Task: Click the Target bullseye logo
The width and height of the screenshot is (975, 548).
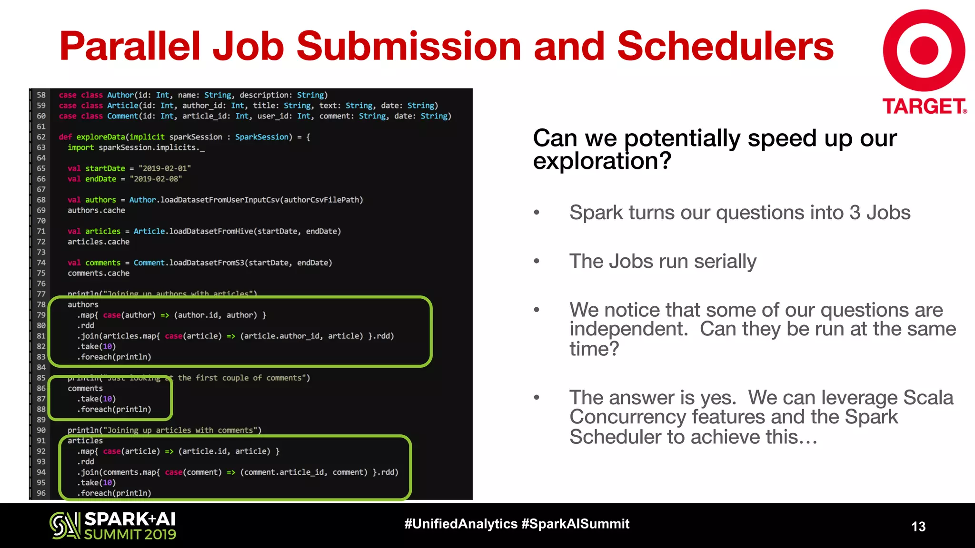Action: [924, 50]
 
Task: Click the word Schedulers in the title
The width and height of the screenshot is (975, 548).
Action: [725, 46]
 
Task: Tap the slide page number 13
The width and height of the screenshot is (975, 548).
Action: [918, 526]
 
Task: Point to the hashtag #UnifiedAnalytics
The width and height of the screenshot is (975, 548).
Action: [460, 524]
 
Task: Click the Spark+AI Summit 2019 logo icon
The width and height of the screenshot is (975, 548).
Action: [65, 525]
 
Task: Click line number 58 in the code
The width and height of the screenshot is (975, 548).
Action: [41, 95]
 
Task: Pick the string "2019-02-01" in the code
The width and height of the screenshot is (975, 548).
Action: [164, 168]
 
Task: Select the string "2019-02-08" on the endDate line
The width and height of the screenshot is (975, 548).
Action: [156, 179]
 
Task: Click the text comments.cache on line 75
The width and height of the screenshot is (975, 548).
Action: [99, 273]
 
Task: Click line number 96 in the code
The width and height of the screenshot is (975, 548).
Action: [41, 493]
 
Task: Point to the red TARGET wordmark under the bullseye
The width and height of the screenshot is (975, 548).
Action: [924, 106]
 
